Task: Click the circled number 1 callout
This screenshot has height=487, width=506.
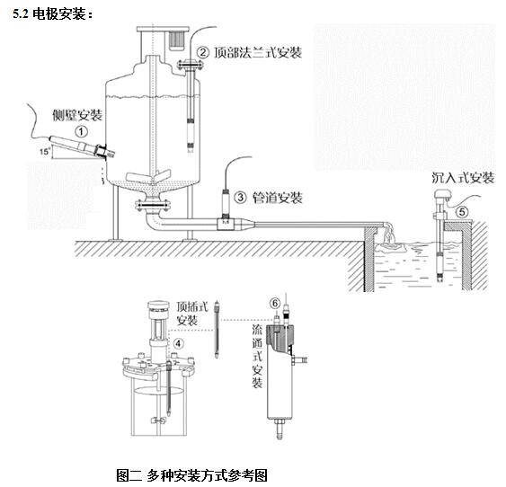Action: click(81, 131)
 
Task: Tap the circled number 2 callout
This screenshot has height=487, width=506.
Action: click(202, 53)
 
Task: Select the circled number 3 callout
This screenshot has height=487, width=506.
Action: click(240, 197)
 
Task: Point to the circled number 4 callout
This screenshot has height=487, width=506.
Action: click(178, 344)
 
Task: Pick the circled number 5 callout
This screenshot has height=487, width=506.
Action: click(462, 212)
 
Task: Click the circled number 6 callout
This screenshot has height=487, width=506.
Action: click(275, 303)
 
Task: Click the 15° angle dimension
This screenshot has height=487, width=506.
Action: click(45, 151)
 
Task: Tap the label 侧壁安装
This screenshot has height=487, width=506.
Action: click(77, 115)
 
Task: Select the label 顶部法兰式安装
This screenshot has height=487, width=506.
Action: click(258, 53)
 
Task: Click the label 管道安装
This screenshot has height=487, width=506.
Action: click(278, 198)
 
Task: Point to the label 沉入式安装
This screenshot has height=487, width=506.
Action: click(463, 178)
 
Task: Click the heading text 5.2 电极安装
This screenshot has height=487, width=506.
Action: click(53, 14)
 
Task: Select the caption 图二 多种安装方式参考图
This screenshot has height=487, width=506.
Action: click(192, 475)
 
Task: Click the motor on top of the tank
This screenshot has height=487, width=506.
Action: click(176, 40)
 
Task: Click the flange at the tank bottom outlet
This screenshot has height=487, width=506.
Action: click(153, 205)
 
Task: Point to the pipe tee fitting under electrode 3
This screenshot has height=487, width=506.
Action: click(225, 224)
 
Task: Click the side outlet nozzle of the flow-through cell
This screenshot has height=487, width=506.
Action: click(299, 359)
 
